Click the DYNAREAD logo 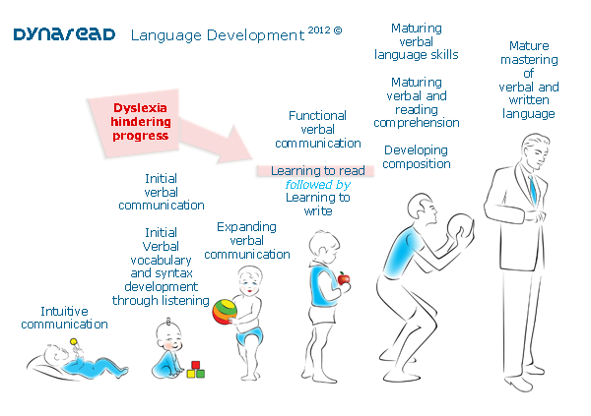(x=64, y=34)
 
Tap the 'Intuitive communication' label (x=64, y=317)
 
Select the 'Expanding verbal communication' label (x=253, y=240)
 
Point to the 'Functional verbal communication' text (x=317, y=129)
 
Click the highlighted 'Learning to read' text (x=317, y=171)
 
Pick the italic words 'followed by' (x=317, y=184)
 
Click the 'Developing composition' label (x=416, y=156)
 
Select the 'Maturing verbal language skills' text (x=416, y=41)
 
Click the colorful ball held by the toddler (x=226, y=312)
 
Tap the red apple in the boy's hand (x=344, y=279)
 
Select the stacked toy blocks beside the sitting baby (x=197, y=369)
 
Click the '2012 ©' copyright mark (x=324, y=30)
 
